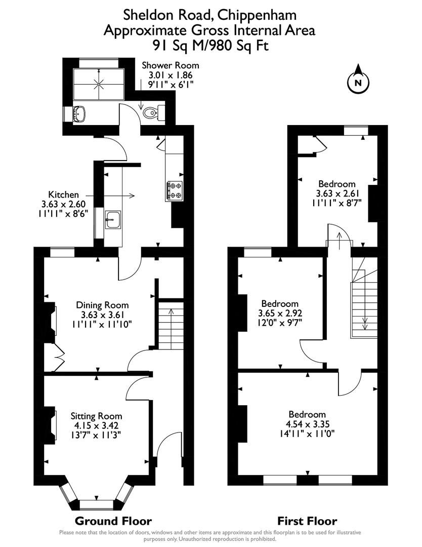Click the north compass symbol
click(358, 82)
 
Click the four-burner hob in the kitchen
click(174, 191)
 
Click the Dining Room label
click(102, 305)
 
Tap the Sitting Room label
click(96, 415)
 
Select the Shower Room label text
click(170, 65)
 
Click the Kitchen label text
click(63, 194)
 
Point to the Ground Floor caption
click(113, 521)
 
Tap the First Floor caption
click(307, 521)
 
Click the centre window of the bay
click(95, 504)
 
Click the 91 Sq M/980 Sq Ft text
click(210, 45)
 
